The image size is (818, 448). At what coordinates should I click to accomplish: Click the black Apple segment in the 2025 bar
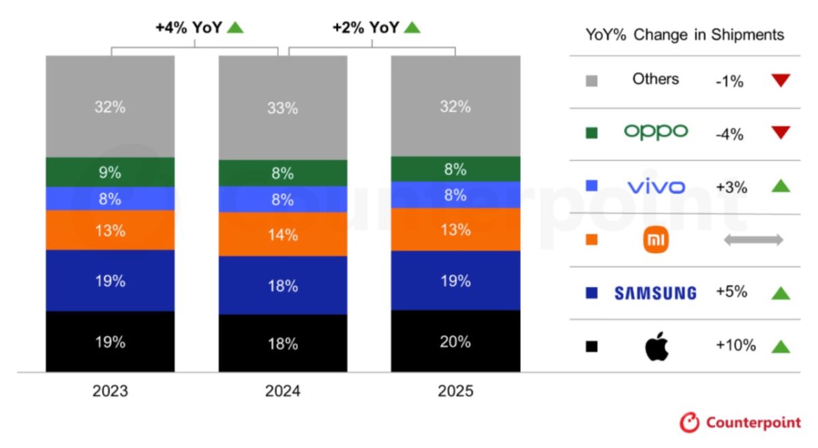coord(455,341)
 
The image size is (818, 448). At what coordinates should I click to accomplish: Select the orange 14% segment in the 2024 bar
coord(283,235)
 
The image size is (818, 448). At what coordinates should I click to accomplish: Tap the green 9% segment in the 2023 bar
coord(110,173)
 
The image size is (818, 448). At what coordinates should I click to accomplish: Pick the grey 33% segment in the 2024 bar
coord(283,108)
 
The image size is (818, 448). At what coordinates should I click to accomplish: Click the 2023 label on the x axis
coord(110,392)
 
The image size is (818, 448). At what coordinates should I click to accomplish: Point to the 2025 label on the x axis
coord(455,392)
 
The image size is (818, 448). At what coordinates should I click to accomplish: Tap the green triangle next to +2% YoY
coord(412,28)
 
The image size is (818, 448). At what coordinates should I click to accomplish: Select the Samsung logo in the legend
coord(655,293)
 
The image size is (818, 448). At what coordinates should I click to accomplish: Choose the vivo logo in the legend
coord(656,186)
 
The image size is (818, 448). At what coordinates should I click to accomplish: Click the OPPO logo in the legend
coord(656,132)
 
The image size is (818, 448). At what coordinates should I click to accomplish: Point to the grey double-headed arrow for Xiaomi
coord(753,239)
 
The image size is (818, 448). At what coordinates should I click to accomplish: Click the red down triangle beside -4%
coord(781,132)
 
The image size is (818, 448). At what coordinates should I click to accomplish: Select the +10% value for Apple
coord(736,346)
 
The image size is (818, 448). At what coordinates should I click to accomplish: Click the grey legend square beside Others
coord(592,80)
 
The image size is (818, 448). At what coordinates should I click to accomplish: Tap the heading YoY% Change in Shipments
coord(684,35)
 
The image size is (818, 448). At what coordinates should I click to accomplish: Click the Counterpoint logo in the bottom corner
coord(740,423)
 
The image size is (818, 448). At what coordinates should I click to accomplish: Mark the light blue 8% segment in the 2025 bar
coord(455,195)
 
